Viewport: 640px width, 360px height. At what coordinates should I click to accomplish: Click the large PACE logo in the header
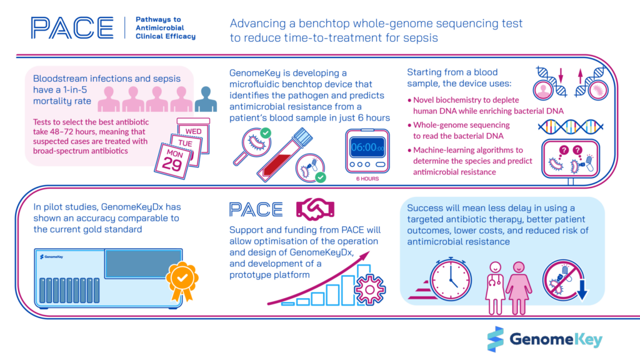tap(72, 27)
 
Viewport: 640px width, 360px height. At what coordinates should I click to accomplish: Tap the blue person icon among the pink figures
tap(206, 99)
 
